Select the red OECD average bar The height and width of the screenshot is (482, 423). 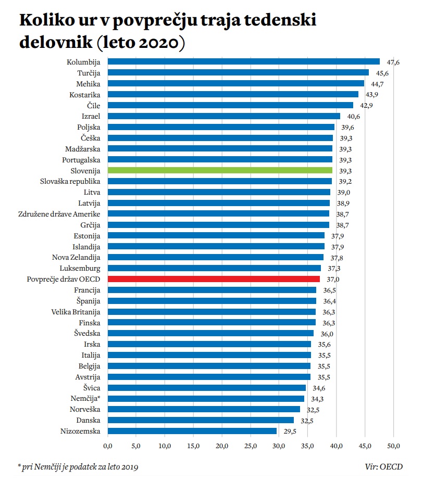pyautogui.click(x=214, y=279)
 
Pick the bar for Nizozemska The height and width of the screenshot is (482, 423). pyautogui.click(x=192, y=431)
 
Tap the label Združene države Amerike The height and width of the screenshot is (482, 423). pyautogui.click(x=59, y=214)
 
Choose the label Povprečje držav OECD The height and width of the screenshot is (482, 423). pyautogui.click(x=64, y=279)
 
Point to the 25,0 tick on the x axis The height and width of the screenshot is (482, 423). pyautogui.click(x=251, y=446)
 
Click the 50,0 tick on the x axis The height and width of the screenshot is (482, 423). pyautogui.click(x=393, y=446)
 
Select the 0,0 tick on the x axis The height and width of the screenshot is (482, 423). pyautogui.click(x=108, y=446)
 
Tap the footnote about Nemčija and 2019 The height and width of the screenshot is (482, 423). pyautogui.click(x=78, y=466)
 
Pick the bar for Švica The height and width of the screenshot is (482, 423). pyautogui.click(x=207, y=388)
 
